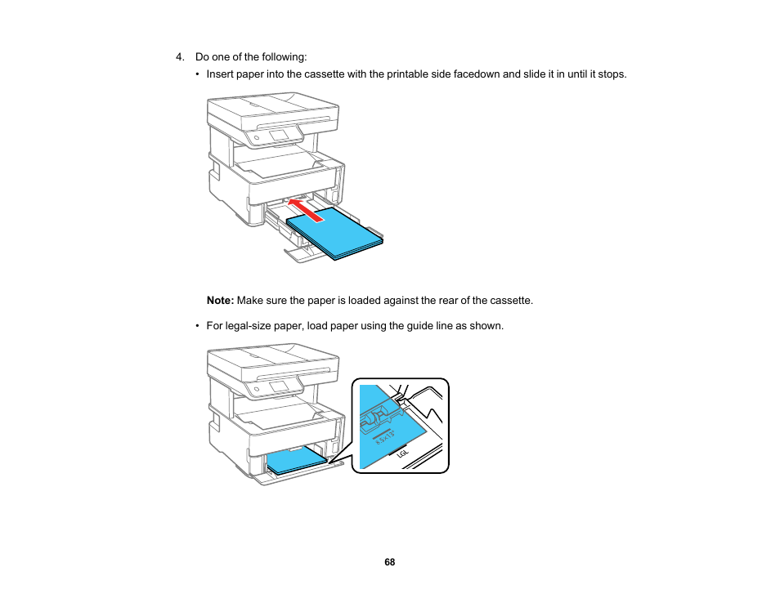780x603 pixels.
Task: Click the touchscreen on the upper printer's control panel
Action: click(x=279, y=134)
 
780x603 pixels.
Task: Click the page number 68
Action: click(x=390, y=562)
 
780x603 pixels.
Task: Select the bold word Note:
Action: click(x=221, y=301)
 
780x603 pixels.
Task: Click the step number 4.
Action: click(x=180, y=57)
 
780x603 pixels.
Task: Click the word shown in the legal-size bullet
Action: click(x=488, y=326)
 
